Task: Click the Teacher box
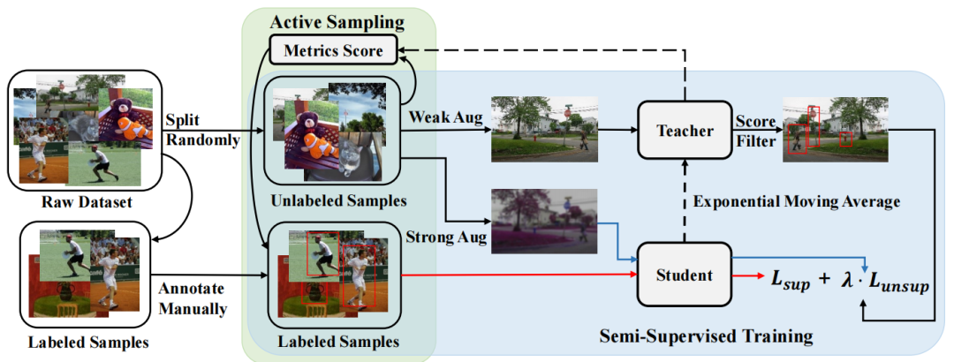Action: click(685, 131)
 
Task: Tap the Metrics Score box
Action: click(334, 51)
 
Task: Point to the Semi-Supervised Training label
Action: click(706, 336)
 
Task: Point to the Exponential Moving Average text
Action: click(796, 202)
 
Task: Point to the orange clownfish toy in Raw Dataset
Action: click(132, 127)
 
